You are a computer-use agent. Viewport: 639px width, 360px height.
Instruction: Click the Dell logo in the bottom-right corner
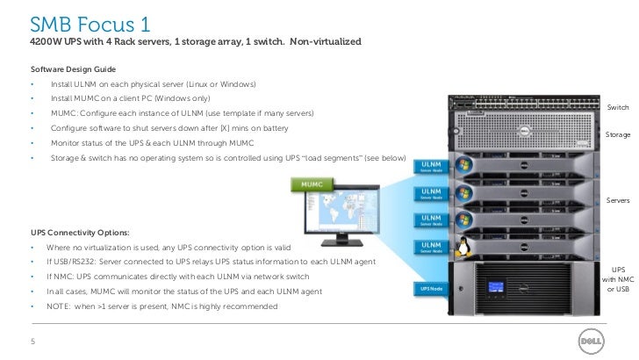[590, 341]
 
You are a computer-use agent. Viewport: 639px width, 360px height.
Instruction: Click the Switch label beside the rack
[618, 106]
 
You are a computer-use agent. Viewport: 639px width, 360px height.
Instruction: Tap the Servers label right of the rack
[618, 201]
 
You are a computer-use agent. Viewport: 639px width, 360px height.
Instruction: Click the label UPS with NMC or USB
[618, 279]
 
